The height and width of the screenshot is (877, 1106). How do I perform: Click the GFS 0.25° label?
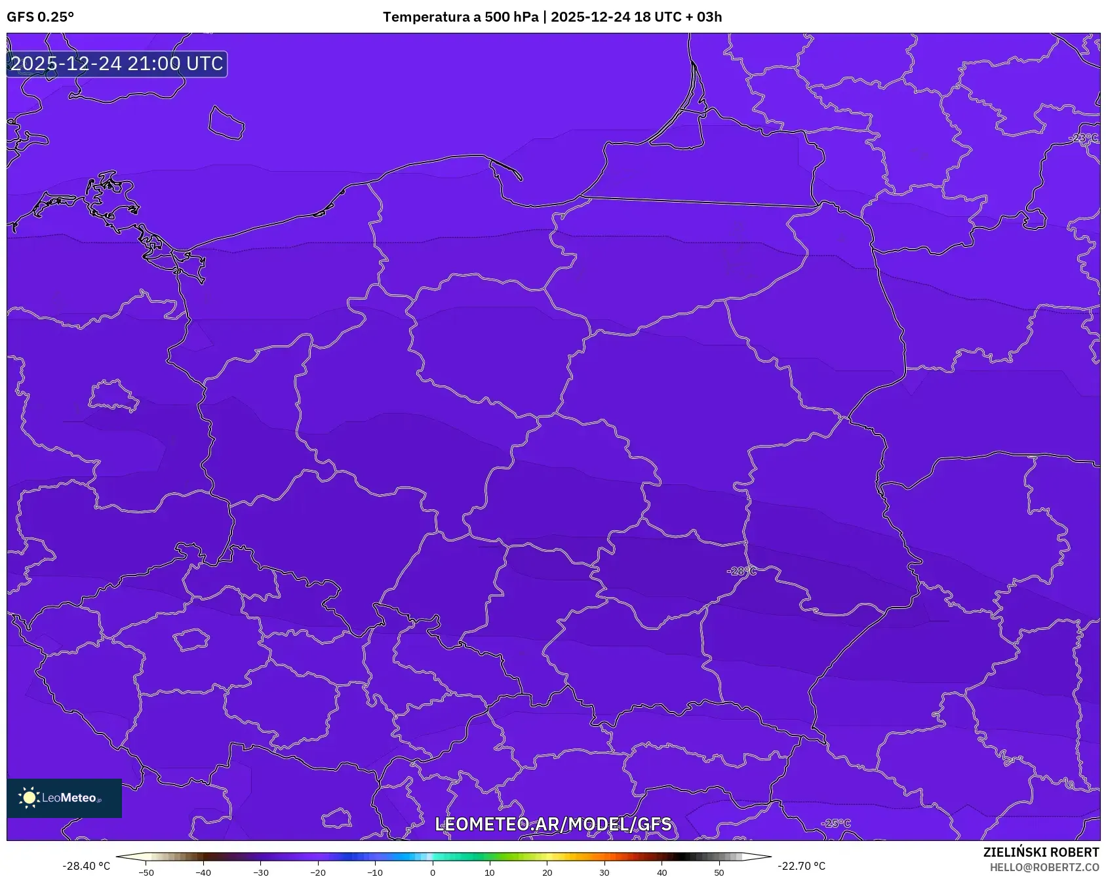(x=40, y=17)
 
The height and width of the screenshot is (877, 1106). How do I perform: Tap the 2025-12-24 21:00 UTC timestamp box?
(x=117, y=64)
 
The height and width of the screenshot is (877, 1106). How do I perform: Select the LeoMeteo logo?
(x=64, y=798)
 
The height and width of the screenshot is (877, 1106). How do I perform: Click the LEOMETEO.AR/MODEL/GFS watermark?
(x=553, y=824)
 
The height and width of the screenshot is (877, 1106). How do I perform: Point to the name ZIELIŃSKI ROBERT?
(x=1040, y=852)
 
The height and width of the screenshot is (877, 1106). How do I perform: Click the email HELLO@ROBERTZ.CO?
(x=1044, y=867)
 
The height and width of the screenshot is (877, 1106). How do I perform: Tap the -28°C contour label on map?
(x=741, y=571)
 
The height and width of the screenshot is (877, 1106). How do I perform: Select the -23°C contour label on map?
(x=1084, y=138)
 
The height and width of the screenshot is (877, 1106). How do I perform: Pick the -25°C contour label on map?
(x=835, y=823)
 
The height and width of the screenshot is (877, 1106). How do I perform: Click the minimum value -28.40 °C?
(x=87, y=866)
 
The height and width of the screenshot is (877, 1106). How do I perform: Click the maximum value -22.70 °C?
(x=802, y=866)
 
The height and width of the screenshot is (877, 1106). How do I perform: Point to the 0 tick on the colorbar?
(x=432, y=872)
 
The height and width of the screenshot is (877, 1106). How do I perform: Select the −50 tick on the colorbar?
(x=146, y=872)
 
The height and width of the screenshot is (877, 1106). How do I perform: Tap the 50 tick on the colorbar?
(x=719, y=872)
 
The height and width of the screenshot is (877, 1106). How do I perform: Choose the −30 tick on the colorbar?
(x=260, y=872)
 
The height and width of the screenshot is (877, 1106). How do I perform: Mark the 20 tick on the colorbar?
(x=547, y=872)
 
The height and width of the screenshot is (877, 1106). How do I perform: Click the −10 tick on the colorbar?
(x=374, y=872)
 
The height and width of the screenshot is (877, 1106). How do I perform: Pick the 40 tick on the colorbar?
(x=662, y=872)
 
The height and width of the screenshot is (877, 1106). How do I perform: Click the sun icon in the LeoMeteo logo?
(x=29, y=798)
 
